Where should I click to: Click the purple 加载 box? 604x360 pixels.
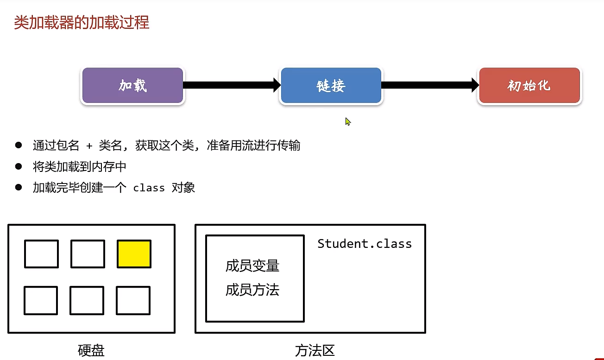tap(132, 86)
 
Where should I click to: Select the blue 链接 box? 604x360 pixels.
tap(331, 86)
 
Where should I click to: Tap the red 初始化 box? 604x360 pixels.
tap(529, 86)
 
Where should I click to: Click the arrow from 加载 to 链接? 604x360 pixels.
tap(232, 85)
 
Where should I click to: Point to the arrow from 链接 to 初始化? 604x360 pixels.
tap(430, 85)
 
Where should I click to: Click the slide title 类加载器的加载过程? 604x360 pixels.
tap(82, 22)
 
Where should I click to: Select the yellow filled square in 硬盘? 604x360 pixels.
tap(134, 254)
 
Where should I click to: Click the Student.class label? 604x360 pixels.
tap(365, 244)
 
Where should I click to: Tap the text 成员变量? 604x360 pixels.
tap(252, 266)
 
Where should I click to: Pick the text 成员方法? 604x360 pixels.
tap(252, 291)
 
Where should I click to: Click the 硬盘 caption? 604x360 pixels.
tap(91, 351)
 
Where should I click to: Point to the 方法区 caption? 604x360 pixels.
tap(315, 351)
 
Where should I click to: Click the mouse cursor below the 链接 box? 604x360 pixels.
tap(348, 121)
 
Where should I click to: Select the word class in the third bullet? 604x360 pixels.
tap(149, 188)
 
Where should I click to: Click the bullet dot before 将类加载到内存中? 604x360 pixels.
tap(19, 166)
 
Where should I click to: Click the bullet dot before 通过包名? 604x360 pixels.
tap(19, 145)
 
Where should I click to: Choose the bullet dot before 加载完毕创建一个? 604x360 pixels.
tap(19, 187)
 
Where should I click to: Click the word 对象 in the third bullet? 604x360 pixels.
tap(183, 188)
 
